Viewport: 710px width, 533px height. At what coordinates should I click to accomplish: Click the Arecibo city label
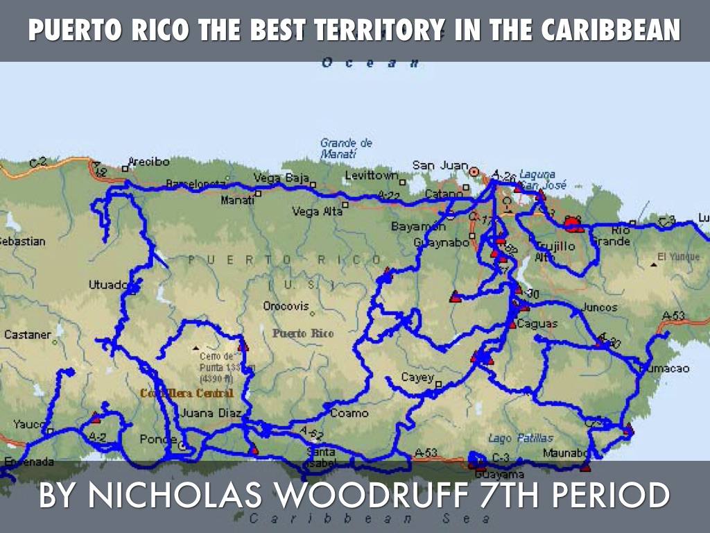149,162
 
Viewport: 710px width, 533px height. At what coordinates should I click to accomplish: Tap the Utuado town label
108,285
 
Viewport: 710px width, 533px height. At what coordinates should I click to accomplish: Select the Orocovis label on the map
285,305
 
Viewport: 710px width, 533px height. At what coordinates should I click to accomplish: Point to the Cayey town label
417,378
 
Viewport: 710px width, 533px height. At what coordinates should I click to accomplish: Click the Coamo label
349,413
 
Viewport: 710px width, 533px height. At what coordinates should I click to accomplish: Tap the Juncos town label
600,307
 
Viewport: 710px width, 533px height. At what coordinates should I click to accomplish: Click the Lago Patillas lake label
521,438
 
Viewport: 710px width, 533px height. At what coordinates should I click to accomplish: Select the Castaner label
28,335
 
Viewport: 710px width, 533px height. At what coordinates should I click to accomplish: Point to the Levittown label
372,176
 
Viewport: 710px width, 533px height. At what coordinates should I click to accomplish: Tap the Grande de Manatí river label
346,149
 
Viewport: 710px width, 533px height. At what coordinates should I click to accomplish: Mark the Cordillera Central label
187,394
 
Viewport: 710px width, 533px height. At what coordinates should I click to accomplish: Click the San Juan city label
440,165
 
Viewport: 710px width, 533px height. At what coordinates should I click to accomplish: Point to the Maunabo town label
566,453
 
